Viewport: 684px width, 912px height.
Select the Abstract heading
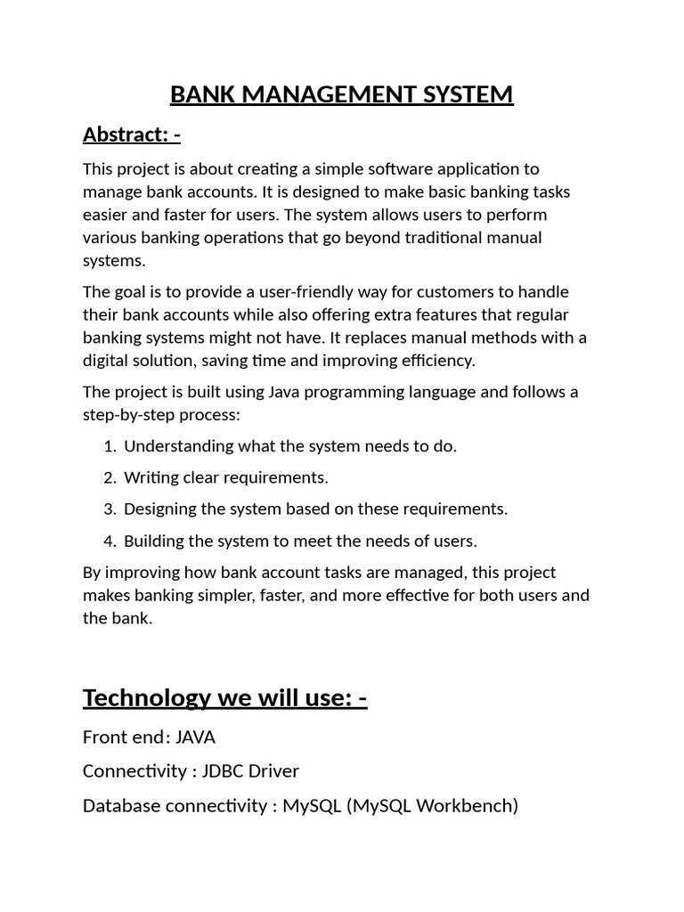(x=132, y=134)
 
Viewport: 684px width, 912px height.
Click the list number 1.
(x=109, y=446)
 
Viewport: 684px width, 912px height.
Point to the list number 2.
(x=109, y=477)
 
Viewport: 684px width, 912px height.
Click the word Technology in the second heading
(x=148, y=698)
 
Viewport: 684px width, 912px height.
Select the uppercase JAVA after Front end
(x=196, y=737)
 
